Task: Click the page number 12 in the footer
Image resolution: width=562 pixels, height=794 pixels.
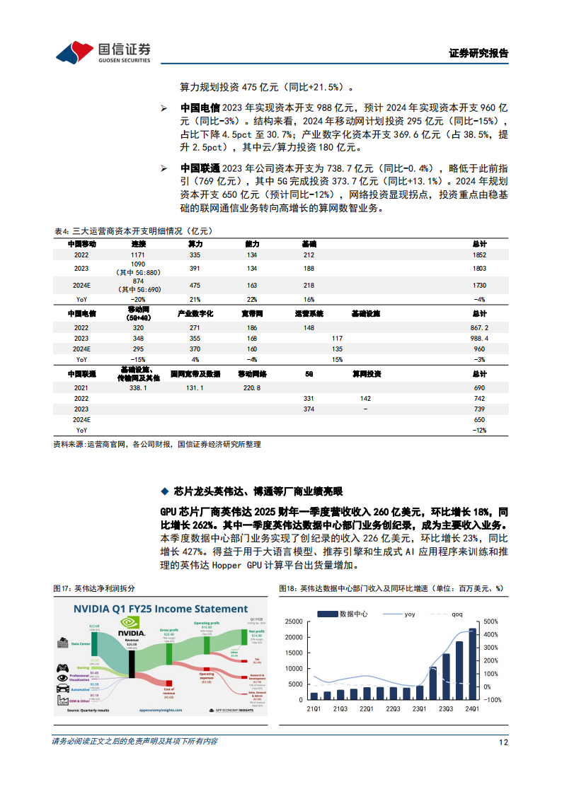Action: (503, 742)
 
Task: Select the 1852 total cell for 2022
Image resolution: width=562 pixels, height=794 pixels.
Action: (479, 255)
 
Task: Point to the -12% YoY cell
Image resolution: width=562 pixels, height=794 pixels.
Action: (479, 430)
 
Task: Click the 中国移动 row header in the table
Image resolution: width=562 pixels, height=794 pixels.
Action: (82, 243)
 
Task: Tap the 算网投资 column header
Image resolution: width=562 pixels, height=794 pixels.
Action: (367, 373)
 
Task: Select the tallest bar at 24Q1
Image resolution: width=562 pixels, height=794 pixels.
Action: (472, 664)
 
